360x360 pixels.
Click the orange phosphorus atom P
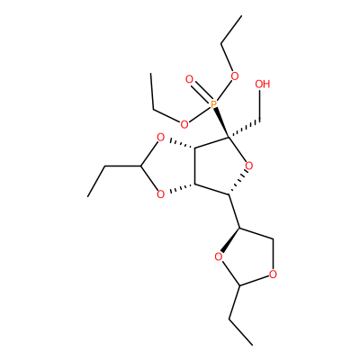pos(213,104)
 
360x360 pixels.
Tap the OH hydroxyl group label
pos(263,85)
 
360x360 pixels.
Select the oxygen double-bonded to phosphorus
pos(189,79)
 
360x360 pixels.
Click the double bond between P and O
pos(201,92)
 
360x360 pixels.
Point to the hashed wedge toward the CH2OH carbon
pos(244,130)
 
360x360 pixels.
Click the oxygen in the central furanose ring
pos(248,166)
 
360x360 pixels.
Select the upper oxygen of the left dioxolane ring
pos(161,138)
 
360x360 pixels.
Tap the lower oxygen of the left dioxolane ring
pos(161,194)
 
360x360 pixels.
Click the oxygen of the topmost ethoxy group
pos(235,76)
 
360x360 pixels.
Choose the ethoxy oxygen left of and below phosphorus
pos(184,123)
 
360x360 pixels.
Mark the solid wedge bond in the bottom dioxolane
pos(230,239)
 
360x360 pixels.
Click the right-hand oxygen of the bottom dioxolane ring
pos(273,274)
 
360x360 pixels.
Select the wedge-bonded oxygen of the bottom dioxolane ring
pos(219,256)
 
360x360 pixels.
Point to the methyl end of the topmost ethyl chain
pos(241,16)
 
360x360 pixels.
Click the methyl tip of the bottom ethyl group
pos(252,345)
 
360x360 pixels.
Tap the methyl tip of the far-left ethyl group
pos(88,197)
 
